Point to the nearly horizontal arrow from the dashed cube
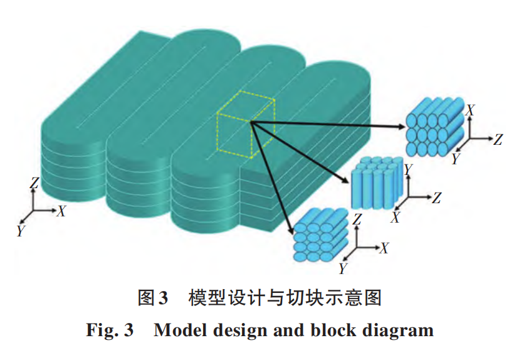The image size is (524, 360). pos(326,125)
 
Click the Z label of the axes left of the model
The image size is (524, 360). pos(35,183)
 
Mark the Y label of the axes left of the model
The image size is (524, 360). pos(21,231)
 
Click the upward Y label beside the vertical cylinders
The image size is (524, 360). pos(407,169)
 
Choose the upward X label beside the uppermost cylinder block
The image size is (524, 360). pos(469,110)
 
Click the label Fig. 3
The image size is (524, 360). pos(110,329)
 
